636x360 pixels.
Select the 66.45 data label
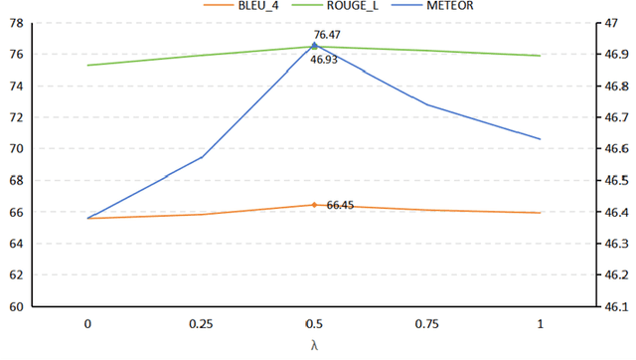click(x=340, y=205)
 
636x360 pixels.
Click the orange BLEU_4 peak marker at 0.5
click(x=314, y=205)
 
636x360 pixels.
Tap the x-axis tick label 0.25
click(x=202, y=324)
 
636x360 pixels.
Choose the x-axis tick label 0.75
click(x=427, y=324)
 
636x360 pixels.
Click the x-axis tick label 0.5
click(x=314, y=324)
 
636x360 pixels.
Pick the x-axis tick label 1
click(x=540, y=324)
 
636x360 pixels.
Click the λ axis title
click(x=314, y=345)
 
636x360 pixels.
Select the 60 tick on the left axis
click(x=15, y=306)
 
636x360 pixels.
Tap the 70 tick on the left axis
click(x=15, y=149)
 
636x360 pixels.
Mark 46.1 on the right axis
click(x=616, y=306)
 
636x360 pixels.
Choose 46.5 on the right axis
click(x=616, y=180)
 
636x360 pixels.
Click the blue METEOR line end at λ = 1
click(x=540, y=138)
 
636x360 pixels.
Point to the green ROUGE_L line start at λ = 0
click(x=88, y=66)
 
